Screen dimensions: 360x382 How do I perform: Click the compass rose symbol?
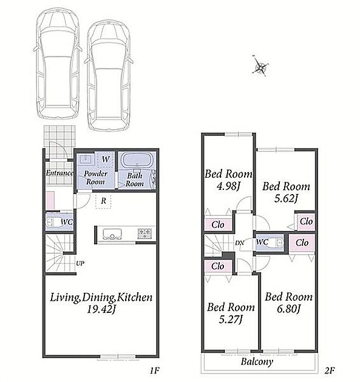[260, 65]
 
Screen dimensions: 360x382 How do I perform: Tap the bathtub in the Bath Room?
[137, 160]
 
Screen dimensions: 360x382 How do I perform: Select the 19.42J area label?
[101, 310]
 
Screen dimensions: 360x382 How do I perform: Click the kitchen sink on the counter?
[112, 234]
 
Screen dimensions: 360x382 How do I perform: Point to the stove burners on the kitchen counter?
[145, 233]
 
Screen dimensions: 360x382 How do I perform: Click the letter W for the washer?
[106, 159]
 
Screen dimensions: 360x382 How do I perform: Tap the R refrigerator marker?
[104, 201]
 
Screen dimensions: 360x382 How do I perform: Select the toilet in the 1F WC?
[53, 222]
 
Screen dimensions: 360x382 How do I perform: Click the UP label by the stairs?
[80, 263]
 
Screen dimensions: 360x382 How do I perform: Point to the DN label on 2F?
[240, 243]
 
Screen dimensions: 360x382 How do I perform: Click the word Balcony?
[257, 362]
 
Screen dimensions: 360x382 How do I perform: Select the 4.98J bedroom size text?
[228, 186]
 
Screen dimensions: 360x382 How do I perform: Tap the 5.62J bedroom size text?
[286, 199]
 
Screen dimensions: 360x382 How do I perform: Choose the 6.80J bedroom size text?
[288, 309]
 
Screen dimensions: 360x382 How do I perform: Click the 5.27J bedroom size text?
[231, 320]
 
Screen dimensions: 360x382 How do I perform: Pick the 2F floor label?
[329, 370]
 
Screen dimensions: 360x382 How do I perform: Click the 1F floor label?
[155, 370]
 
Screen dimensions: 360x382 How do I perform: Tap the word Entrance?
[59, 173]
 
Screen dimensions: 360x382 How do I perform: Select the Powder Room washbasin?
[86, 159]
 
